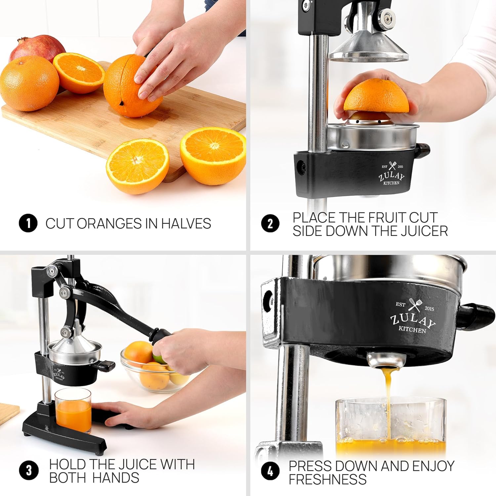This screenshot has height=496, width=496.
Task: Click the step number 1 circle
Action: [x=28, y=223]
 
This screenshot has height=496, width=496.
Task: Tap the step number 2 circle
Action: [x=270, y=224]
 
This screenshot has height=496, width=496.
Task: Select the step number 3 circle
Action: [x=29, y=470]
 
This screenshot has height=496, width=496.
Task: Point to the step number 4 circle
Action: [x=270, y=471]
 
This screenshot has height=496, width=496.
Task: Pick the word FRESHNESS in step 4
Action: [x=327, y=479]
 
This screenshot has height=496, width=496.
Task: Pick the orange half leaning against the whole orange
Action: [x=79, y=72]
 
